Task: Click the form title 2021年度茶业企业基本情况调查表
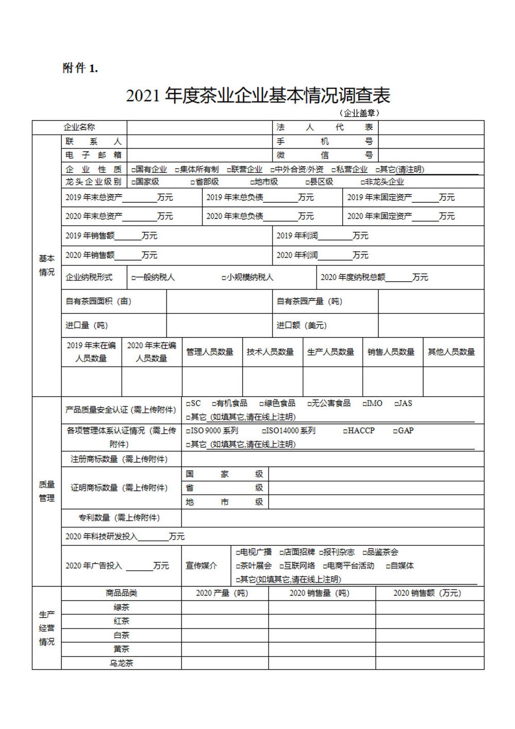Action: [x=258, y=95]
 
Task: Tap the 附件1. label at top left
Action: [x=80, y=68]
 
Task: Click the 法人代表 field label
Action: [x=324, y=127]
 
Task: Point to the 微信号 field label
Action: [x=324, y=155]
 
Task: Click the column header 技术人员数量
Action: [x=270, y=352]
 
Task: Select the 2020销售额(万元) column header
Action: [x=427, y=593]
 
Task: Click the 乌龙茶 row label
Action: [x=121, y=663]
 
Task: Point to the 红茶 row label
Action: [x=121, y=621]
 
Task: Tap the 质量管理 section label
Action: [x=46, y=491]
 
